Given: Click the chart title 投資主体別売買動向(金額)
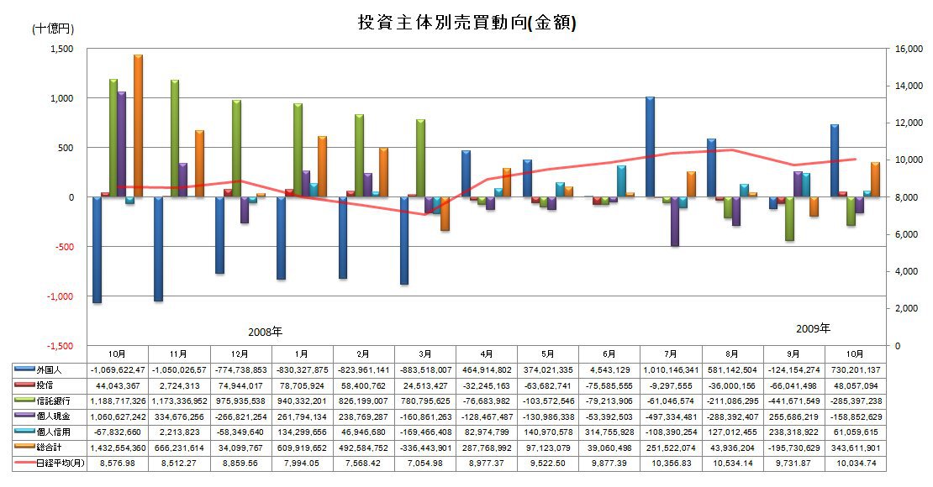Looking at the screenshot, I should click(x=466, y=23).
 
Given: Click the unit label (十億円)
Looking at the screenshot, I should click(x=52, y=29).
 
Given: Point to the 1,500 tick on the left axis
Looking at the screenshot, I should click(x=61, y=49).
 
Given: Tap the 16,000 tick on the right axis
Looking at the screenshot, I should click(x=909, y=49).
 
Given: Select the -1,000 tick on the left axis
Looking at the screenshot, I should click(x=59, y=296).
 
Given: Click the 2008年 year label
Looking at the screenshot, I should click(x=266, y=332).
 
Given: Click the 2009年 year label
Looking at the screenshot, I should click(x=813, y=328).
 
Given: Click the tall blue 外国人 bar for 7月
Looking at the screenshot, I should click(x=651, y=147).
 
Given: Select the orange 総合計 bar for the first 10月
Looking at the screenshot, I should click(x=138, y=126).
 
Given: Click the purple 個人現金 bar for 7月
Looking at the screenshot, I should click(x=674, y=222).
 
